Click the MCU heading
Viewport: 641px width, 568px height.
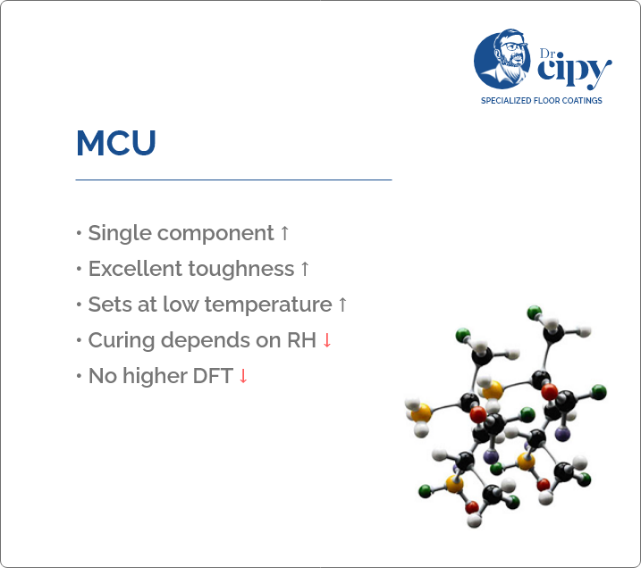116,143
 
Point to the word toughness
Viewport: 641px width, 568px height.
241,270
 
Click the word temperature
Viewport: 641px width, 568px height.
268,305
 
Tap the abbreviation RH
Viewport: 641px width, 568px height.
301,340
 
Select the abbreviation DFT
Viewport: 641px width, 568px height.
213,376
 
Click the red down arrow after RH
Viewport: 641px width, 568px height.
326,340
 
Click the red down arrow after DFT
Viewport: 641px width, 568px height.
243,376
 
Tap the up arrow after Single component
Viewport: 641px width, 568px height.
284,234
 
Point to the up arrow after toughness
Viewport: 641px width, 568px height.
305,269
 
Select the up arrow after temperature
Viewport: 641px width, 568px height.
342,305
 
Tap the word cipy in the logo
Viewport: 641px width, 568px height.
574,70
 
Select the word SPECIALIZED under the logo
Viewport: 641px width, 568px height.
506,100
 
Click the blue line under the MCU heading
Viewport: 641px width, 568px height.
234,180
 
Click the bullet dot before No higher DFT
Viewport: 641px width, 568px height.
79,376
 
